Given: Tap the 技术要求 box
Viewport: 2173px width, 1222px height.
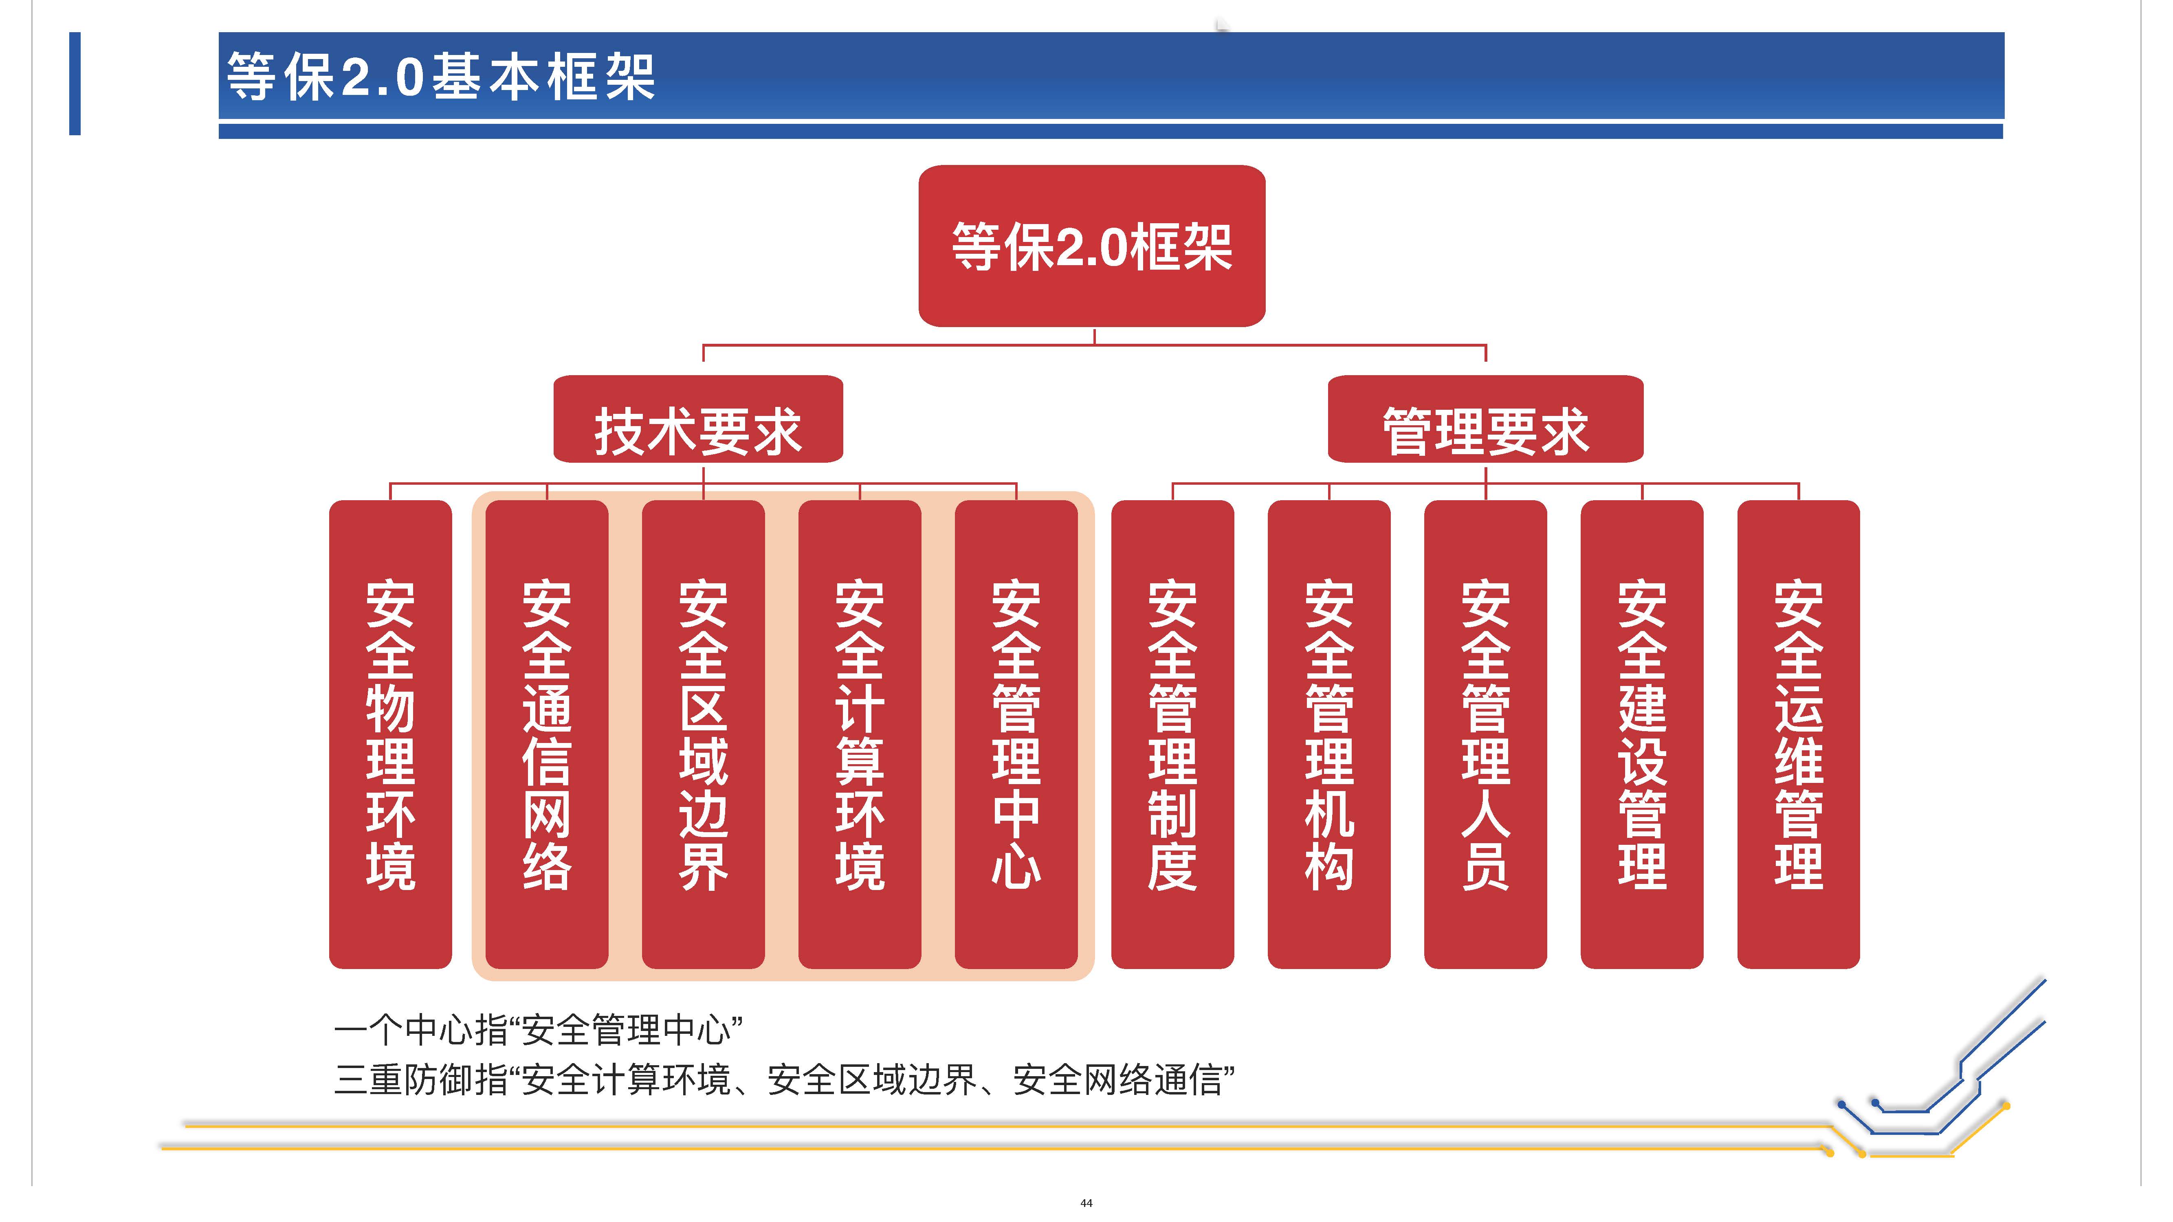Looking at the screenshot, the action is (x=697, y=419).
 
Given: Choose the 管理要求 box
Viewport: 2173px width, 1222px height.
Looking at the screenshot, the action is (x=1485, y=419).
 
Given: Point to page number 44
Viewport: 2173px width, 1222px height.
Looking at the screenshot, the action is (x=1086, y=1202).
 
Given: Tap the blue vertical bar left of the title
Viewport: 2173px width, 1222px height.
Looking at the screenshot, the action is (x=75, y=84).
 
